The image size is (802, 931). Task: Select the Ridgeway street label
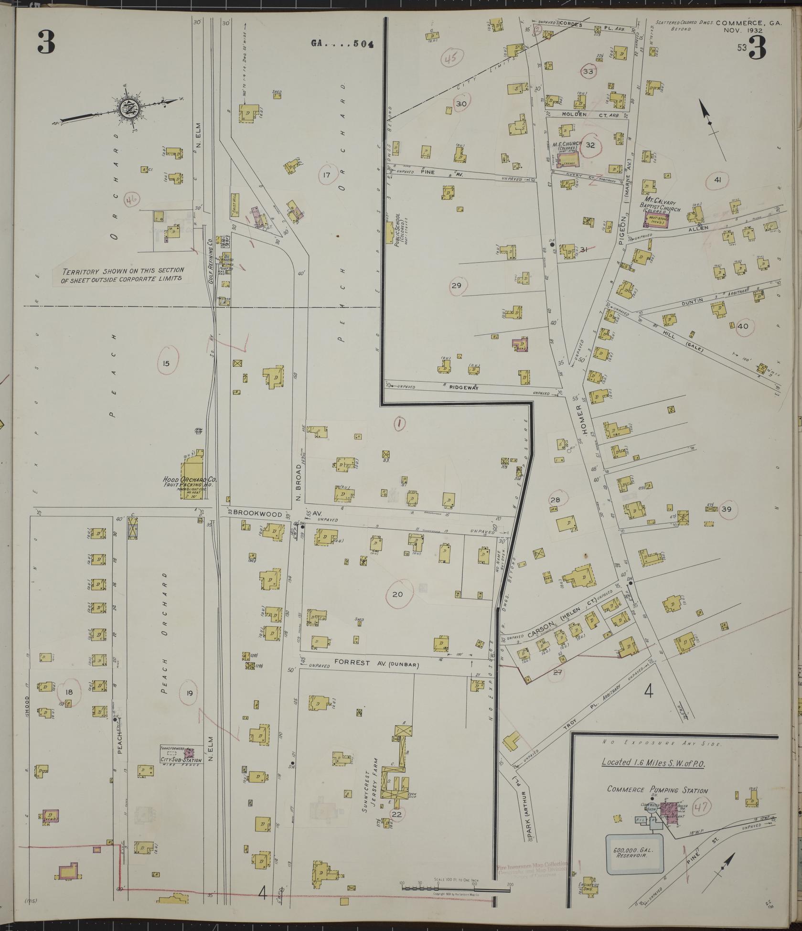463,388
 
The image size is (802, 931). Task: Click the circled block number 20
397,594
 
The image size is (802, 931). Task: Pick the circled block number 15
166,364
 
